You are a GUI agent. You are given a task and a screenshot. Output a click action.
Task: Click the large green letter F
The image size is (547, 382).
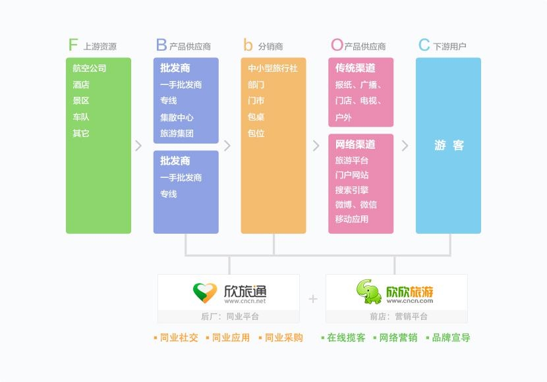[x=73, y=45]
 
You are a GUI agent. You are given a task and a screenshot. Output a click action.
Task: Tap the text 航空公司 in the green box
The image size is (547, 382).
[x=90, y=68]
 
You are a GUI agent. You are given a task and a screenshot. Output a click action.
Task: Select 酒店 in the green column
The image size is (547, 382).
[x=81, y=84]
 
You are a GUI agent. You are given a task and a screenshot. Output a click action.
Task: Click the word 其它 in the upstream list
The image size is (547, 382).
[x=81, y=133]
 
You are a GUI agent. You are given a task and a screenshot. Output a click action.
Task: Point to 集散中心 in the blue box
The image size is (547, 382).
[x=177, y=117]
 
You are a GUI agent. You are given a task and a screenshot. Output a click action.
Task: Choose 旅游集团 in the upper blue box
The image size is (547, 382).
[x=177, y=133]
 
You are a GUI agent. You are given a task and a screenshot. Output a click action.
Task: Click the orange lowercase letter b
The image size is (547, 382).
[x=248, y=45]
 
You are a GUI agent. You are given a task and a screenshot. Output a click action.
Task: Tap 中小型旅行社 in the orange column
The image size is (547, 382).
[x=273, y=68]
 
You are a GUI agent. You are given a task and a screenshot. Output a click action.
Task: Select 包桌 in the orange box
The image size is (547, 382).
[x=256, y=117]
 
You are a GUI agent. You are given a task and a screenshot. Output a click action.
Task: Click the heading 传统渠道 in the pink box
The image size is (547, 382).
[x=355, y=68]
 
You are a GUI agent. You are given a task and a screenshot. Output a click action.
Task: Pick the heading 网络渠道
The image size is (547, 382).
[x=355, y=144]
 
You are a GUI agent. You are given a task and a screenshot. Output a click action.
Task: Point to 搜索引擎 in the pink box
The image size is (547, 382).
[x=352, y=190]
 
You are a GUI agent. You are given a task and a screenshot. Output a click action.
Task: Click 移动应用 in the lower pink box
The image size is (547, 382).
[x=352, y=219]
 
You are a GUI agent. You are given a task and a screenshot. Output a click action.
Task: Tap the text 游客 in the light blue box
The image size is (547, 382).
[x=449, y=145]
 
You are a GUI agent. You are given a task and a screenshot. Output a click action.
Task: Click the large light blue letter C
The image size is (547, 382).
[x=424, y=45]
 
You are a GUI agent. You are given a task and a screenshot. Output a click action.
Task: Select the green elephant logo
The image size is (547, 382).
[x=368, y=291]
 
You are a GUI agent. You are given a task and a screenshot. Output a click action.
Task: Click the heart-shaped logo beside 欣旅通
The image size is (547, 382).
[x=205, y=292]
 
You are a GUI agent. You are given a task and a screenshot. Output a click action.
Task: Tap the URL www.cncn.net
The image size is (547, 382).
[x=245, y=301]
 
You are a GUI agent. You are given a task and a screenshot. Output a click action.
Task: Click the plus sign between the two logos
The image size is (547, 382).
[x=313, y=299]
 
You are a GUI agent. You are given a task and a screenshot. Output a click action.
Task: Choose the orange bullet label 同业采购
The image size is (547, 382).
[x=284, y=337]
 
